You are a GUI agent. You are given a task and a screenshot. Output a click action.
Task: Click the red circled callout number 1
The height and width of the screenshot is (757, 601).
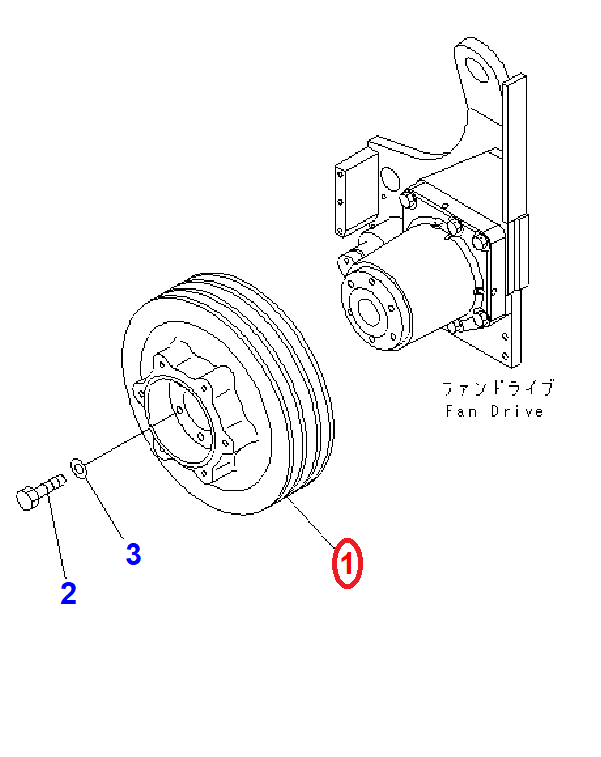[346, 565]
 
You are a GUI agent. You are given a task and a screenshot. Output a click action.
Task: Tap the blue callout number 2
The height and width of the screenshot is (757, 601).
[68, 594]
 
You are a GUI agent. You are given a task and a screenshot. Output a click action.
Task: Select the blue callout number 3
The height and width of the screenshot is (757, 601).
[133, 554]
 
